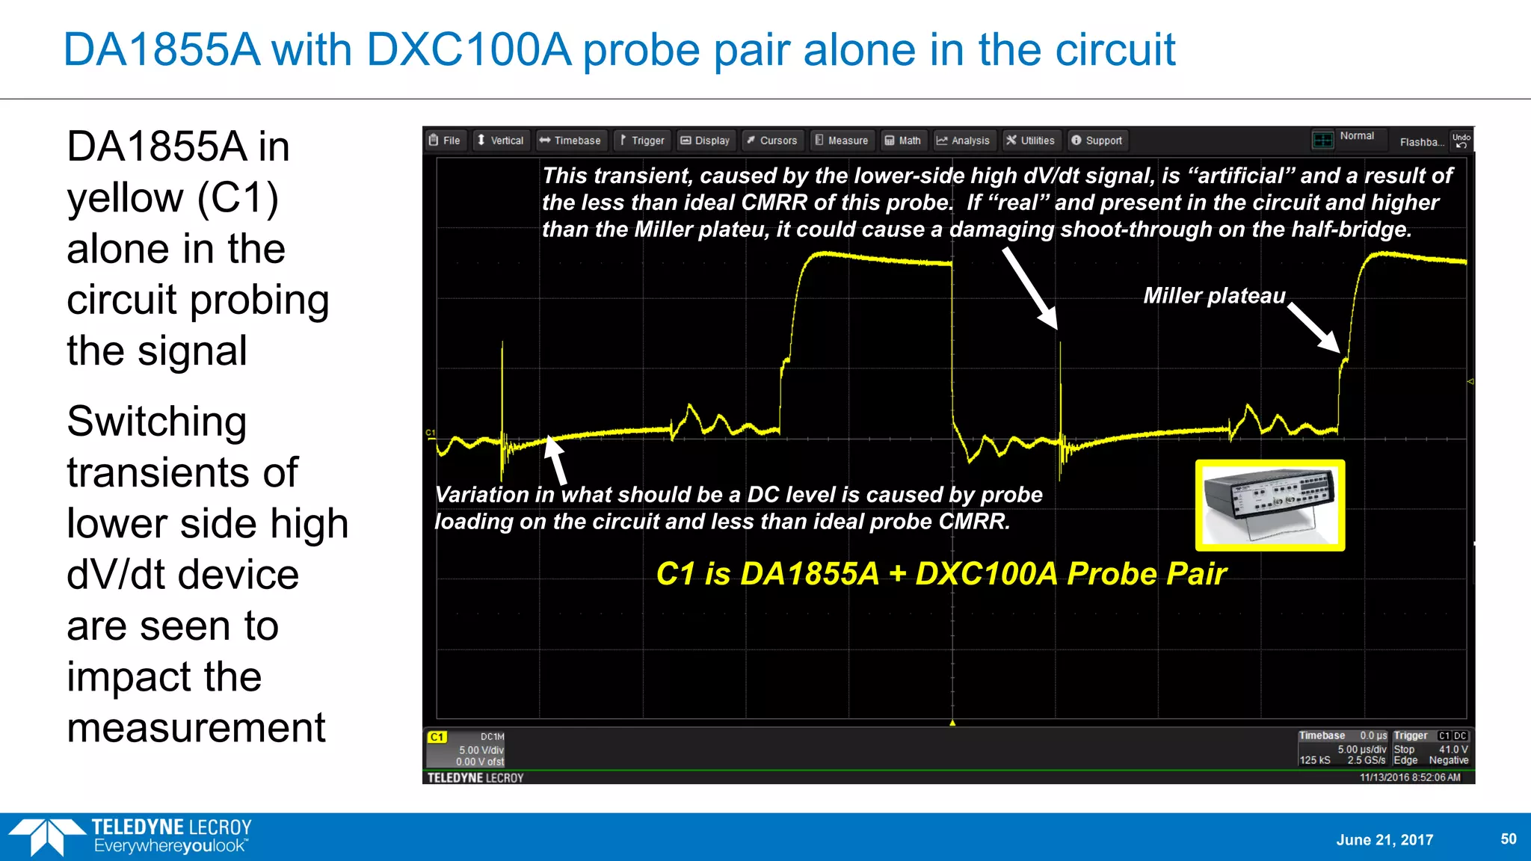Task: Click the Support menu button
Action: tap(1097, 141)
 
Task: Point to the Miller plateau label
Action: tap(1214, 296)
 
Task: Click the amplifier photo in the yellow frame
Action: tap(1269, 505)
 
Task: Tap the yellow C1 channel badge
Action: tap(437, 737)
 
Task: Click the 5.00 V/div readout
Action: tap(481, 750)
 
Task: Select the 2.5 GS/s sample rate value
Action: tap(1366, 760)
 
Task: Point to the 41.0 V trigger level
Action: tap(1453, 749)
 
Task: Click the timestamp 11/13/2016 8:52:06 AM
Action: tap(1409, 777)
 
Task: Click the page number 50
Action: tap(1508, 839)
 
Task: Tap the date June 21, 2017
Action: tap(1384, 839)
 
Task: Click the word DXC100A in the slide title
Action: tap(469, 50)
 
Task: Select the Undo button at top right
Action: tap(1461, 141)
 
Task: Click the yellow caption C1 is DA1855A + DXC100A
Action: tap(941, 574)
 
